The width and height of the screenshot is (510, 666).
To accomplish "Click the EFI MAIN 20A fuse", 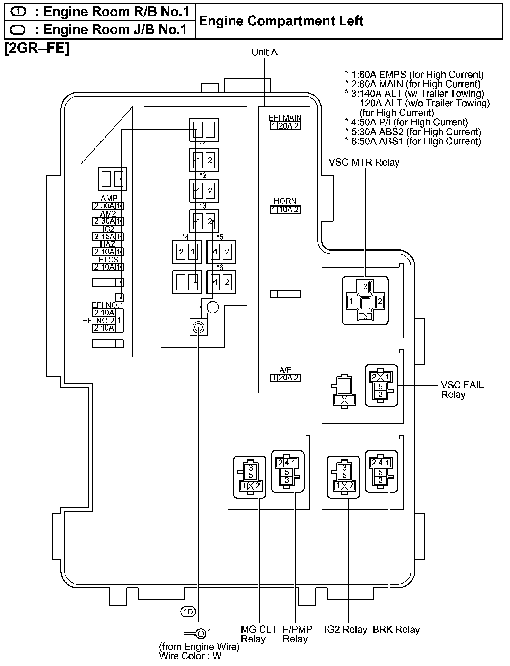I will click(x=285, y=126).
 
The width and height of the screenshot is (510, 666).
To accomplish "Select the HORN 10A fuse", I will click(x=285, y=210).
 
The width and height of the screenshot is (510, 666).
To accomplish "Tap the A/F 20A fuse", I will click(x=285, y=378).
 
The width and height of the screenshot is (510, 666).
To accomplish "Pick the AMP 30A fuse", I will click(x=108, y=206).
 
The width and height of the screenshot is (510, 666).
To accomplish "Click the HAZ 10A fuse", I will click(x=108, y=252).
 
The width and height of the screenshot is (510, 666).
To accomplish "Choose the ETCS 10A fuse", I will click(x=108, y=267).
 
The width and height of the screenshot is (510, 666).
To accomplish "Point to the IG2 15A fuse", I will click(x=108, y=236).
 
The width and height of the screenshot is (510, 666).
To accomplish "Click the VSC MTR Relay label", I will click(x=364, y=163).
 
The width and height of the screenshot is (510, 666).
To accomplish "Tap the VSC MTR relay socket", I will click(x=365, y=300).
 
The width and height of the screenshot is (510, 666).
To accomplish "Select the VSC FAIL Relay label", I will click(x=462, y=390).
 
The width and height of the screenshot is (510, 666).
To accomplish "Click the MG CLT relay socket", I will click(x=250, y=477).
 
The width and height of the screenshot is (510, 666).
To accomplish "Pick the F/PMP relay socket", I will click(x=287, y=471).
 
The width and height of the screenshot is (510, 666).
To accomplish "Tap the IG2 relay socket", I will click(x=343, y=477).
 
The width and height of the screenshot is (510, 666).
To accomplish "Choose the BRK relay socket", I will click(x=381, y=471).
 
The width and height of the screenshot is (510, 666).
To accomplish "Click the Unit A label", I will click(x=264, y=52).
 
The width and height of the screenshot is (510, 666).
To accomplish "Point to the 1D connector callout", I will click(x=188, y=612).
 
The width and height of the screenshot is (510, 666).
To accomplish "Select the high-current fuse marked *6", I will click(x=221, y=282).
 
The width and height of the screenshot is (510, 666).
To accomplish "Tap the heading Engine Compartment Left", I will click(x=281, y=21).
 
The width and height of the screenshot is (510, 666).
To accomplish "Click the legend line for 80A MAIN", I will click(x=412, y=84).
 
